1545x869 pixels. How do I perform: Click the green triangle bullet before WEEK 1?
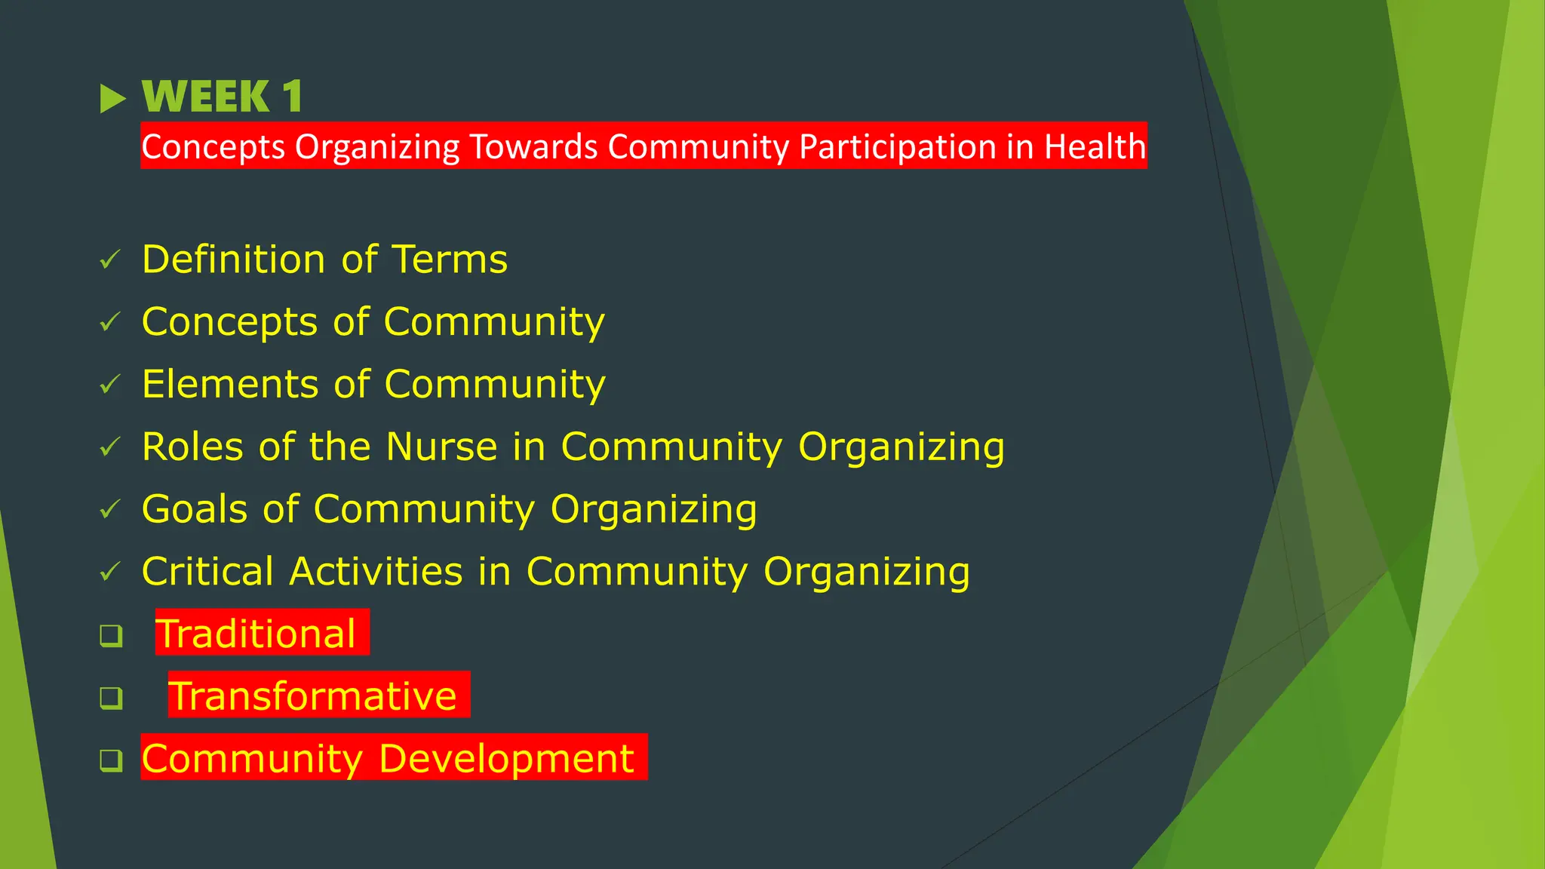[x=112, y=99]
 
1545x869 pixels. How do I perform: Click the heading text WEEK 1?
[x=222, y=97]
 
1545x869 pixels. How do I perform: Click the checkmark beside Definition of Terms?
[x=110, y=260]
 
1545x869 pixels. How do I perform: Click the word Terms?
[x=450, y=259]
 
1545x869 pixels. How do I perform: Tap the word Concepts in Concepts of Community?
[x=229, y=323]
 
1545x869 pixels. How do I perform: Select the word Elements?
[x=230, y=384]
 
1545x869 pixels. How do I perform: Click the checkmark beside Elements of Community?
[x=110, y=385]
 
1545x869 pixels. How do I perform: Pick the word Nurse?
[x=441, y=447]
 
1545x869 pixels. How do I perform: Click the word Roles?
[x=193, y=447]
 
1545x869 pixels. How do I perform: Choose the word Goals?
[x=194, y=509]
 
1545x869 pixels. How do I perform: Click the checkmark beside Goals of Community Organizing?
[x=110, y=510]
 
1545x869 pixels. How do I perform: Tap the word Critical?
[x=207, y=571]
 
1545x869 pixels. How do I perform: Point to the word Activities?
[x=376, y=571]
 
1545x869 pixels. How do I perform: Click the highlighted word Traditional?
[x=256, y=634]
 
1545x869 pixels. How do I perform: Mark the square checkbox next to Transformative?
[x=111, y=698]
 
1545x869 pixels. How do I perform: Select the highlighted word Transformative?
[x=312, y=696]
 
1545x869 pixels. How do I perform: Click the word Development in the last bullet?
[x=506, y=758]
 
